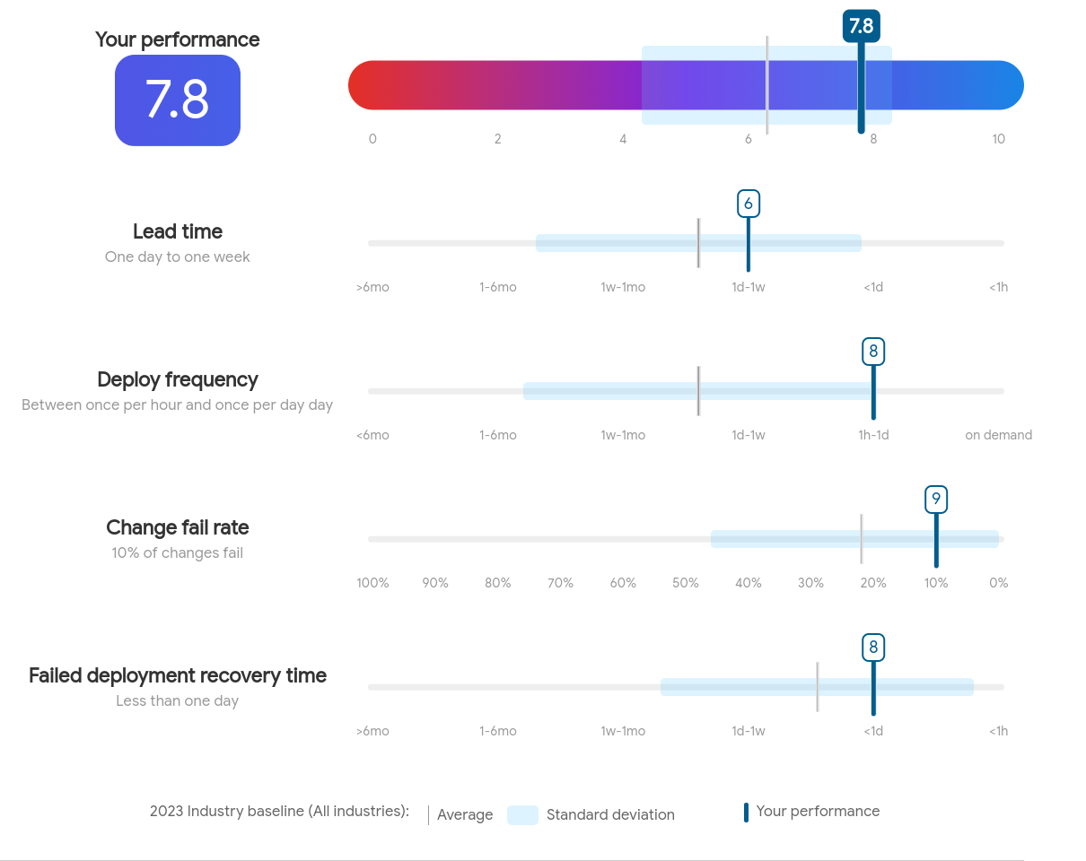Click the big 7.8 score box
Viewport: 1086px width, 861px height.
pos(178,100)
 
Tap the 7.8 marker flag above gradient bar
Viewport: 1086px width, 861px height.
pos(861,26)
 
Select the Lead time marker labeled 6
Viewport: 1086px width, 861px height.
pos(748,204)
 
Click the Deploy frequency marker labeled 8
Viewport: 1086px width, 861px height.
pos(873,352)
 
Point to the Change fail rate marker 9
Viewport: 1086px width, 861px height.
pos(936,500)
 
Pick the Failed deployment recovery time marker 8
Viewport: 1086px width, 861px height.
pos(873,648)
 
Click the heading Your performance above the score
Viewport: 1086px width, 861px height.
pos(178,39)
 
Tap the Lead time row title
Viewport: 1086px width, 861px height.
pos(178,231)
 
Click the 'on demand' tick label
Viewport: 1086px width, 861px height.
pos(998,435)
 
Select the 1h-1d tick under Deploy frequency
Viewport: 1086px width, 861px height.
pos(873,435)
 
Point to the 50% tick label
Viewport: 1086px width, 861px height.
pos(686,583)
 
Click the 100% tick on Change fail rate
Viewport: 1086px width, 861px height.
pos(372,583)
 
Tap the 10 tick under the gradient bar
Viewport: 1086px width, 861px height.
pos(998,139)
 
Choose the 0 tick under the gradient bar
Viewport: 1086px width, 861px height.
pos(372,139)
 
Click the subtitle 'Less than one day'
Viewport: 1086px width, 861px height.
pos(177,700)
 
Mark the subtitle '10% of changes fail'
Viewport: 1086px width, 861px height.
pos(177,552)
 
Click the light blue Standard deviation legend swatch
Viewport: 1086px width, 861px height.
pos(522,815)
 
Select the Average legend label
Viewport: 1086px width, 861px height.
pos(465,815)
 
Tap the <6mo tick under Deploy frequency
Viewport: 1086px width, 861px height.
pos(372,435)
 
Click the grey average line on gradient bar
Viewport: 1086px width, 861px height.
pos(767,85)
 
